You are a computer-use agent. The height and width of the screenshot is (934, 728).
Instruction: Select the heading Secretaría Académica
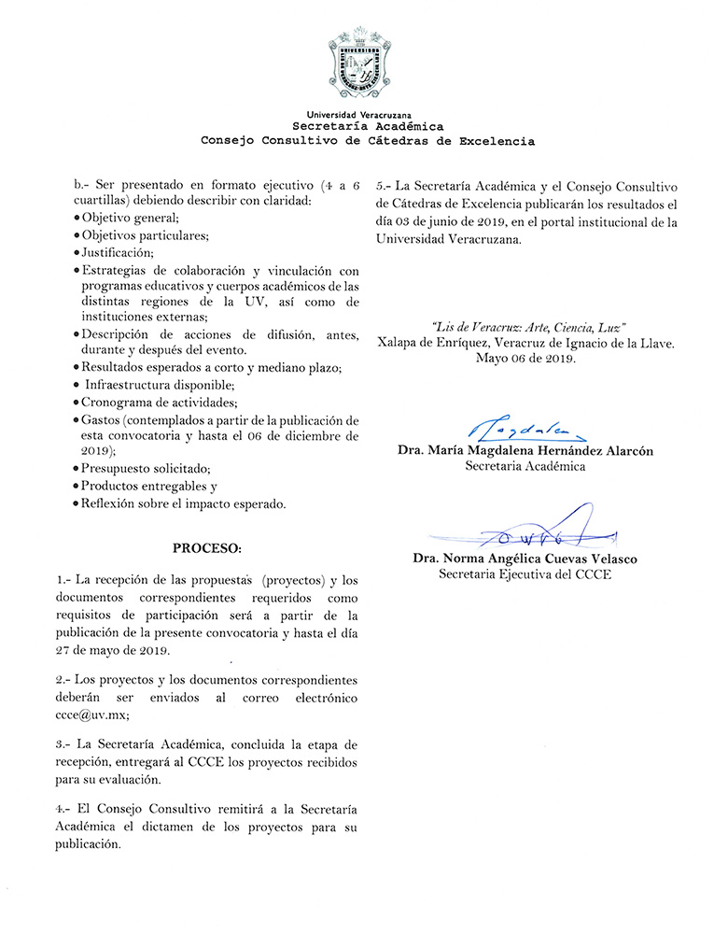[x=368, y=126]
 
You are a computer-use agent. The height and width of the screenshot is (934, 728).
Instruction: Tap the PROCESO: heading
[x=207, y=545]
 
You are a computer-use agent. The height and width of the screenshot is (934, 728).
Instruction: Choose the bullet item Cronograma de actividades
[x=157, y=403]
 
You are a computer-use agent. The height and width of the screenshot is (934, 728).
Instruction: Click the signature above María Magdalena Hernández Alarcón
[x=525, y=429]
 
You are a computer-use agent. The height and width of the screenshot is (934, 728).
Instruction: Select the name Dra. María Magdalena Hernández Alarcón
[x=525, y=450]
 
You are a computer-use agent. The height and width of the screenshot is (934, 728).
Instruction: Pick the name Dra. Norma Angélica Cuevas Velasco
[x=525, y=559]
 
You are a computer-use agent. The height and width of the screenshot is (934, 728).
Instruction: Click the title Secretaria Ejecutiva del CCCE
[x=525, y=574]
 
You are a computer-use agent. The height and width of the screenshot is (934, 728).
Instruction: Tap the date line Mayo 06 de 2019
[x=525, y=358]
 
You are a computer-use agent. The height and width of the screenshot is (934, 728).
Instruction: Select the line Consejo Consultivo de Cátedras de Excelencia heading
[x=368, y=141]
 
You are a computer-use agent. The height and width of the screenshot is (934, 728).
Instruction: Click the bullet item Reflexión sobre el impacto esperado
[x=183, y=504]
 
